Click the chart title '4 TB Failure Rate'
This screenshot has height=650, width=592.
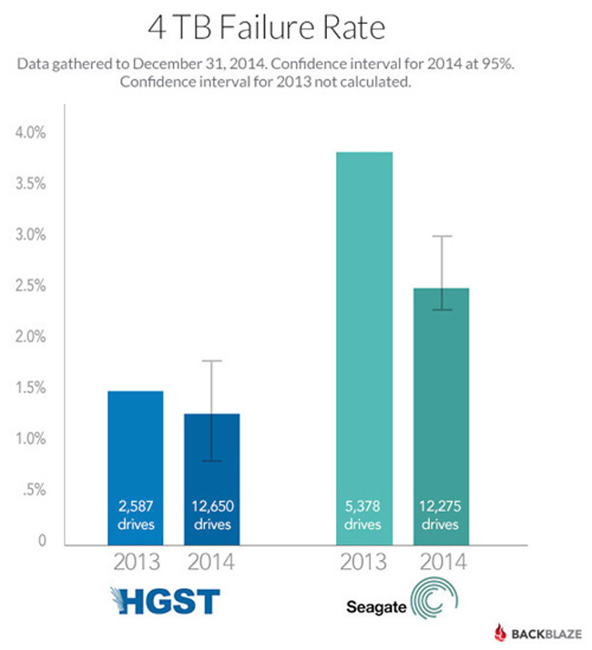click(266, 27)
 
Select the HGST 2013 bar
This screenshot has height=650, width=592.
click(136, 464)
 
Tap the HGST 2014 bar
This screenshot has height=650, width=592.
click(211, 478)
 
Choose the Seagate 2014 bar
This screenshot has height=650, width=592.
click(442, 414)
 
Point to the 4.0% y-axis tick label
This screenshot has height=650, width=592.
click(31, 133)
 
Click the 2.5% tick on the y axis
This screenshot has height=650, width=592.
click(31, 287)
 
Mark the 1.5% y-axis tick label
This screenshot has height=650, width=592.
click(31, 389)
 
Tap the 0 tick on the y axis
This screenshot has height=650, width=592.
click(41, 542)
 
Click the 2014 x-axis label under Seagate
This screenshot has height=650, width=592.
click(442, 562)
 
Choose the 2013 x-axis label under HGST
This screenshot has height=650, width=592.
click(136, 562)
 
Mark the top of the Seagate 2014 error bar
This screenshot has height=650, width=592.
click(442, 237)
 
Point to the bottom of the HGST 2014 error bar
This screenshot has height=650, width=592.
click(211, 461)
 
